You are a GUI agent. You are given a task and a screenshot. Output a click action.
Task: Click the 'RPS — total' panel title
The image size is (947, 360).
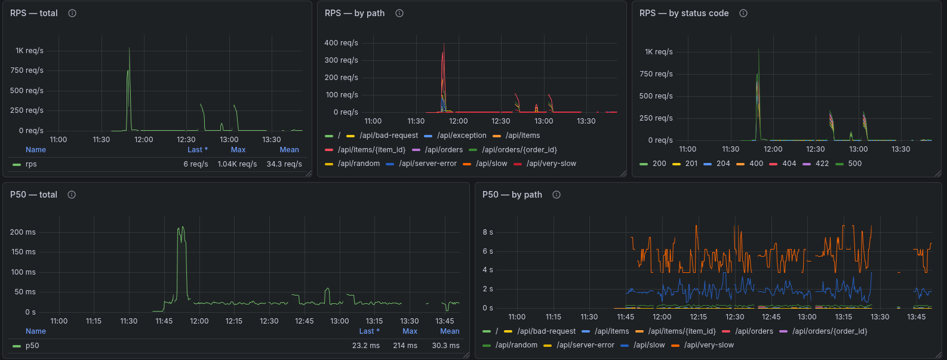click(x=34, y=13)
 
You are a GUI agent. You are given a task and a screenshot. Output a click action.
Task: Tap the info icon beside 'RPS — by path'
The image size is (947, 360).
click(x=399, y=13)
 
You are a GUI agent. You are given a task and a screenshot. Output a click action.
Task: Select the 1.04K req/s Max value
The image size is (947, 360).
click(x=237, y=164)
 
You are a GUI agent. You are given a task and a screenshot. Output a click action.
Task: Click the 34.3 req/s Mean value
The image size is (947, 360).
click(x=284, y=164)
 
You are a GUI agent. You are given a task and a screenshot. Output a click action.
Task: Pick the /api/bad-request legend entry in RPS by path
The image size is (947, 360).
click(x=388, y=136)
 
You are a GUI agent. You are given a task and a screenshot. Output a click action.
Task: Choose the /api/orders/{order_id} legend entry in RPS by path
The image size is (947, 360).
click(x=519, y=150)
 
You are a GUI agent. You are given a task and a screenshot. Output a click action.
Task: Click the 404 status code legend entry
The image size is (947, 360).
click(x=789, y=164)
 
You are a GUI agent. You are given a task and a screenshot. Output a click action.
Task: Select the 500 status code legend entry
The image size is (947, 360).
click(x=854, y=164)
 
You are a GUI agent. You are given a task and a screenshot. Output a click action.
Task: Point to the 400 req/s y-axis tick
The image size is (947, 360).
click(x=341, y=43)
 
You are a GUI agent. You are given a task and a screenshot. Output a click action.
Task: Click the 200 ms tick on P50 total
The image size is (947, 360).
click(x=23, y=232)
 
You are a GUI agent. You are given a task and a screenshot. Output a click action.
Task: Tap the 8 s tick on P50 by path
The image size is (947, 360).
click(x=488, y=232)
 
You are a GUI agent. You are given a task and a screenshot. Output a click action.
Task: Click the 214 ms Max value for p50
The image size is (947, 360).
click(x=405, y=346)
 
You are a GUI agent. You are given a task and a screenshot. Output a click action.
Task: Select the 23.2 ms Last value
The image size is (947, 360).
click(x=365, y=346)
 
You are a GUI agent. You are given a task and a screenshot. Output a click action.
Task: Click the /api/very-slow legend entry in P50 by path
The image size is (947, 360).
click(x=709, y=345)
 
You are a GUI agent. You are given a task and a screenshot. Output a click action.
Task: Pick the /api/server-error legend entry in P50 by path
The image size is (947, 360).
click(x=585, y=345)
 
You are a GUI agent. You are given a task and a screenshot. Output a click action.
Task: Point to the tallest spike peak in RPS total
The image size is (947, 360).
click(x=129, y=48)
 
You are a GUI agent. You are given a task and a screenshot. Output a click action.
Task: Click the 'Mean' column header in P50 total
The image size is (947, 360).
click(x=450, y=331)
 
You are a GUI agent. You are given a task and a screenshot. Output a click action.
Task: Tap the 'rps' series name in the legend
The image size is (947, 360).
click(x=31, y=164)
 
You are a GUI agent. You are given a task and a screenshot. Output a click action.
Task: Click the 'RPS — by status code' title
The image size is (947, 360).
click(x=684, y=13)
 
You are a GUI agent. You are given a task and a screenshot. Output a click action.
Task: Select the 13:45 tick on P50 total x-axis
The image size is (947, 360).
click(x=444, y=321)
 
